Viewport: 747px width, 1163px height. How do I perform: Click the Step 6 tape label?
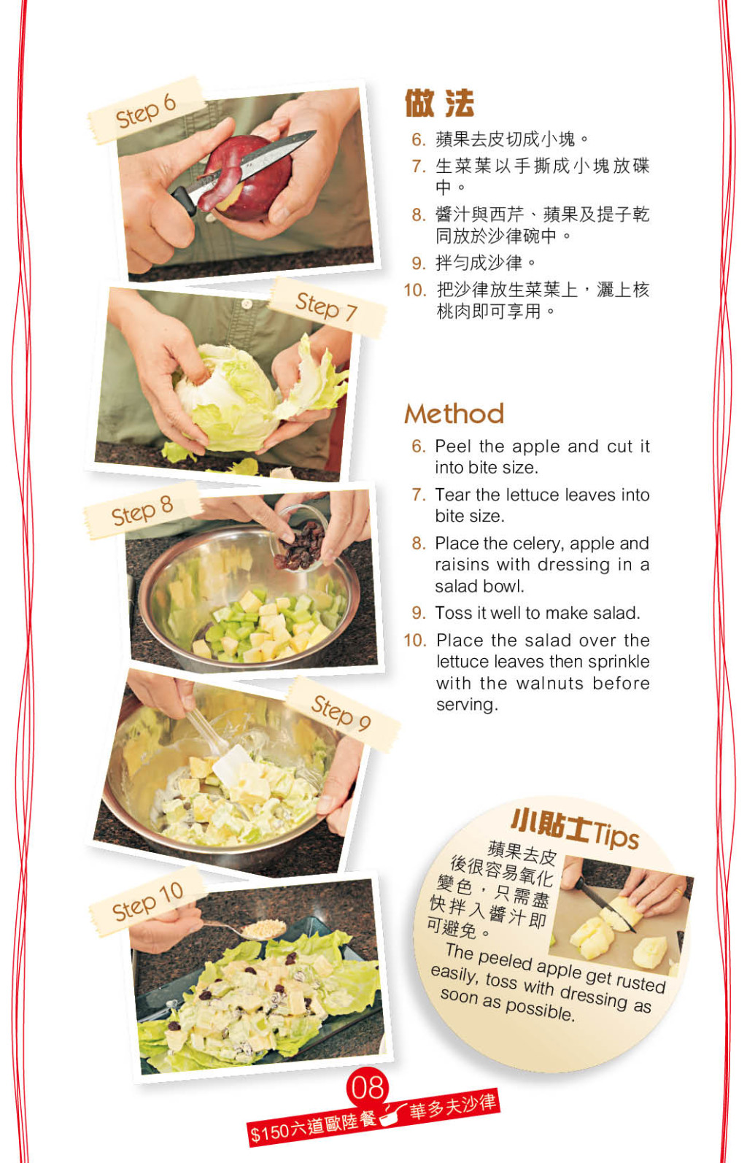click(145, 111)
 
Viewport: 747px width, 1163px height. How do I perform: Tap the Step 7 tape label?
click(328, 307)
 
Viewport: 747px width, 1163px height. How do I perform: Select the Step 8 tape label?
click(142, 511)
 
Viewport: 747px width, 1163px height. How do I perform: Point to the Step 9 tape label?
click(342, 714)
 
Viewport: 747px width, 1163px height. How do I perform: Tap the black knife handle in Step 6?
click(185, 200)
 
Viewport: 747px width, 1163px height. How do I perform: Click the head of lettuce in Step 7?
click(228, 397)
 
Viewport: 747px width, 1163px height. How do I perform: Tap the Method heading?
click(454, 414)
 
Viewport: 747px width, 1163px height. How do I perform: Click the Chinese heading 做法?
click(439, 103)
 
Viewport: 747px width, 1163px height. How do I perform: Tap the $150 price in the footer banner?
click(270, 1132)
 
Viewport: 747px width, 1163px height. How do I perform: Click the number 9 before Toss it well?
click(417, 613)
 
